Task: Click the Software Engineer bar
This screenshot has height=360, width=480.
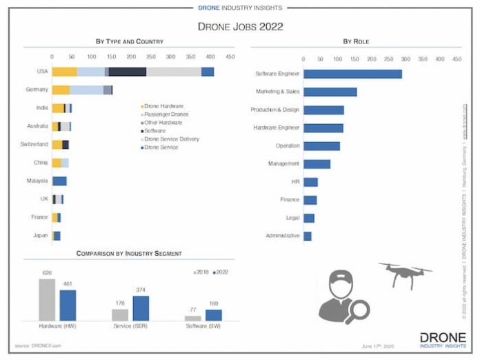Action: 352,74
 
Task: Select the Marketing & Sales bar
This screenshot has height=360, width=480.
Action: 330,92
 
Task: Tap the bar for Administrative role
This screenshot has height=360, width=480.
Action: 307,236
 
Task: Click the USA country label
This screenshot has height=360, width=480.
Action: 43,72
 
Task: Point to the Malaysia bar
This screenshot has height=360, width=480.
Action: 59,181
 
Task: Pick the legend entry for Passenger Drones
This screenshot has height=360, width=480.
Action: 166,114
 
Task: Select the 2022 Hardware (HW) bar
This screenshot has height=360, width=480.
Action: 68,305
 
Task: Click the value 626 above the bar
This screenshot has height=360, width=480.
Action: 47,272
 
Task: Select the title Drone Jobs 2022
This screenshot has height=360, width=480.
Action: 240,27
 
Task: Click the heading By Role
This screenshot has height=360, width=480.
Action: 356,42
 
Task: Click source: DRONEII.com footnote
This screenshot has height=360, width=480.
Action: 39,344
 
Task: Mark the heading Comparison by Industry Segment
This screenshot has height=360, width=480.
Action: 129,253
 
